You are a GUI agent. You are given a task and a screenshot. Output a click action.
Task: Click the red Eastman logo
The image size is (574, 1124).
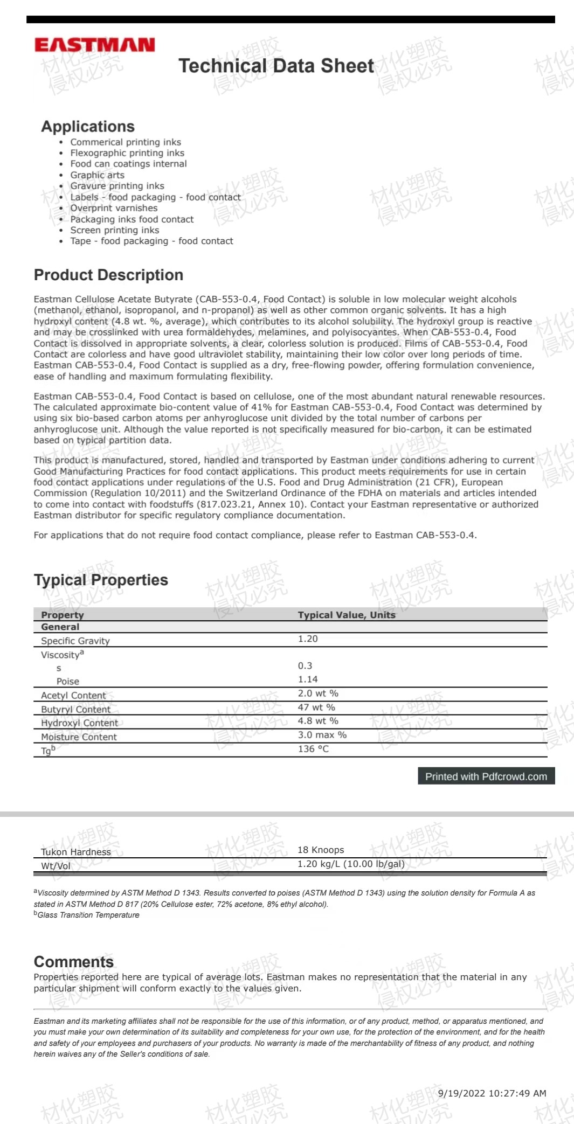point(94,45)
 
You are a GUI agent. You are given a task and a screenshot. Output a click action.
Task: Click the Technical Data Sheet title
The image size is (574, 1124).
point(276,66)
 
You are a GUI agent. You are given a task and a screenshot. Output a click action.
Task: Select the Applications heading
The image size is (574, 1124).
point(88,127)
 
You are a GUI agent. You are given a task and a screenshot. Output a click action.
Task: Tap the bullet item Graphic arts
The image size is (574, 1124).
point(97,175)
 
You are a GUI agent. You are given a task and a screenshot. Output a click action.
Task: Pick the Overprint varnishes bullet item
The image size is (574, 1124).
point(114,208)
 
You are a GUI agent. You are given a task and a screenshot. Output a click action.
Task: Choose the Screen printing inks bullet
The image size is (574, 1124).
point(114,230)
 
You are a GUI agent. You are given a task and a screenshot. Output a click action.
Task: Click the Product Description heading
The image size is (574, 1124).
point(108,275)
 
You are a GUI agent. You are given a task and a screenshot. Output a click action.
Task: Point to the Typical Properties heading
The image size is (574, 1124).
point(101,580)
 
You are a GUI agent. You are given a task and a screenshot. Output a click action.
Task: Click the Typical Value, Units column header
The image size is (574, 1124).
point(347,615)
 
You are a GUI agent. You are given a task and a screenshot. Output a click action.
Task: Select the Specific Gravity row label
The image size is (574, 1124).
point(75,641)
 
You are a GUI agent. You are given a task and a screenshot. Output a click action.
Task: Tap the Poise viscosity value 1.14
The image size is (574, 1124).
point(308,679)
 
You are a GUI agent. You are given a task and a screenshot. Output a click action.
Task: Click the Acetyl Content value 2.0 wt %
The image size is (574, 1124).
point(318,693)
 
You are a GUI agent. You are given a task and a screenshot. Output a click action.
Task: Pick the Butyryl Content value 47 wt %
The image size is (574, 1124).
point(316,707)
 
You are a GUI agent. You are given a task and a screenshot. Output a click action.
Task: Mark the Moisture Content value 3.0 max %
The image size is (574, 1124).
point(322,735)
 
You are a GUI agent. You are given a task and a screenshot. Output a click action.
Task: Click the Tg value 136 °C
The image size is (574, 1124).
point(313,749)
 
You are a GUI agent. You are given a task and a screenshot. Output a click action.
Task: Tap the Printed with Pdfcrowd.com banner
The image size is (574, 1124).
point(486,776)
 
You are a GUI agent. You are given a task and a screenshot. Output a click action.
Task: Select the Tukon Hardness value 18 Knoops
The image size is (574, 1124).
point(321,850)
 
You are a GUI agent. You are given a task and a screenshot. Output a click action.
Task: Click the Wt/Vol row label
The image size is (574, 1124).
point(56,866)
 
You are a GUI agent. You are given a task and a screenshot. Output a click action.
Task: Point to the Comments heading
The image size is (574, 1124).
point(73,962)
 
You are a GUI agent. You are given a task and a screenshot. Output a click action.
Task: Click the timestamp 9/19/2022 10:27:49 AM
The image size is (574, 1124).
point(492,1093)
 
